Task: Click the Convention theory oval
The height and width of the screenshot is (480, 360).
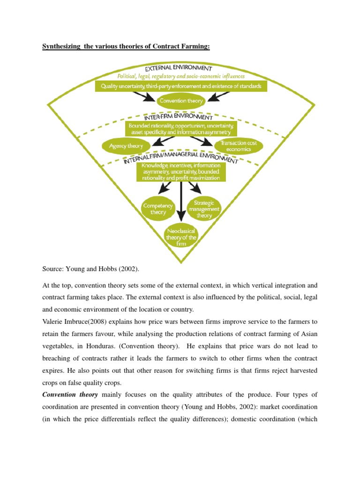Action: tap(181, 101)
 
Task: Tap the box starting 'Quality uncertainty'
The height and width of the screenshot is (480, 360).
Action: tap(181, 87)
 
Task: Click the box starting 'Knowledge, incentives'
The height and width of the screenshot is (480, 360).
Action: tap(181, 172)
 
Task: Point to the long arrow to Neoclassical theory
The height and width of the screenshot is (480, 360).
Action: tap(181, 202)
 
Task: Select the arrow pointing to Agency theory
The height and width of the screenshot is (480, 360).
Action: tap(150, 141)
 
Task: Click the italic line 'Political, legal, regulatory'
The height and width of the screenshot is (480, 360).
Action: tap(181, 76)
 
